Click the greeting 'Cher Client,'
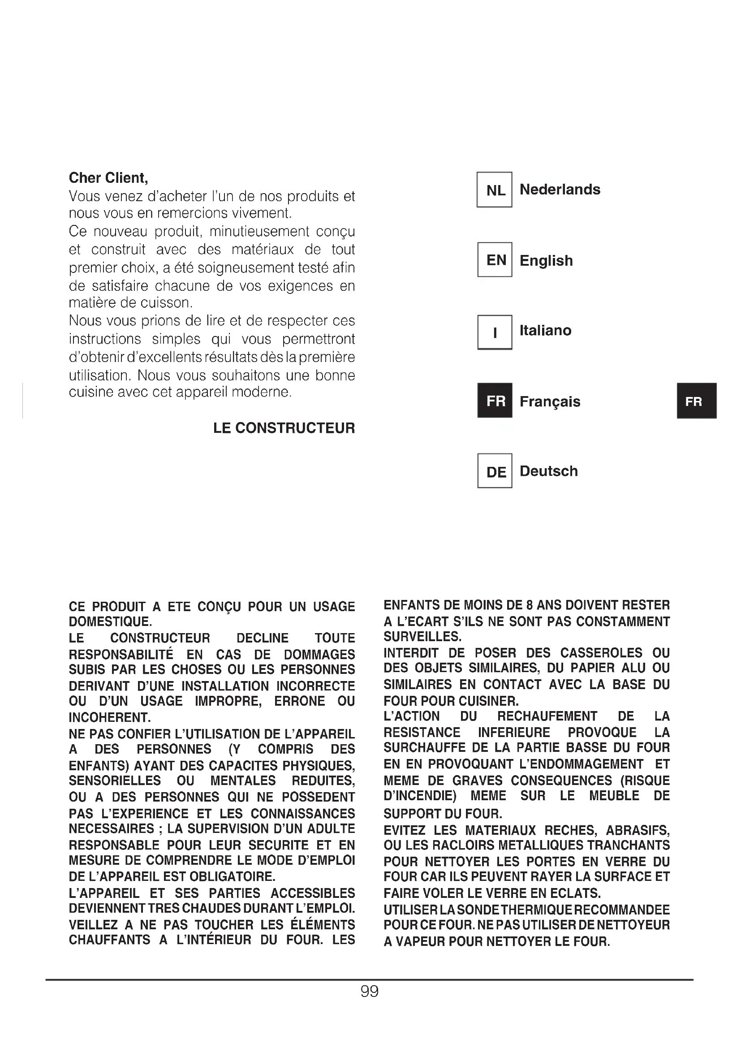tap(108, 177)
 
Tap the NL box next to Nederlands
tap(494, 190)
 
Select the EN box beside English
tap(495, 260)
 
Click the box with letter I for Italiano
tap(495, 332)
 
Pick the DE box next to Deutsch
tap(495, 471)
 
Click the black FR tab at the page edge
tap(696, 401)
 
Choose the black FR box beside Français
tap(495, 401)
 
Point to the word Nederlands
tap(560, 190)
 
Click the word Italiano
tap(545, 330)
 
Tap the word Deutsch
tap(548, 471)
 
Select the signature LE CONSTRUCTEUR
tap(284, 428)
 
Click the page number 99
tap(369, 992)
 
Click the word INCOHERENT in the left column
tap(109, 717)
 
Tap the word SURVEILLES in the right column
tap(422, 637)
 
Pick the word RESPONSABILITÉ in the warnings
tap(121, 655)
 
